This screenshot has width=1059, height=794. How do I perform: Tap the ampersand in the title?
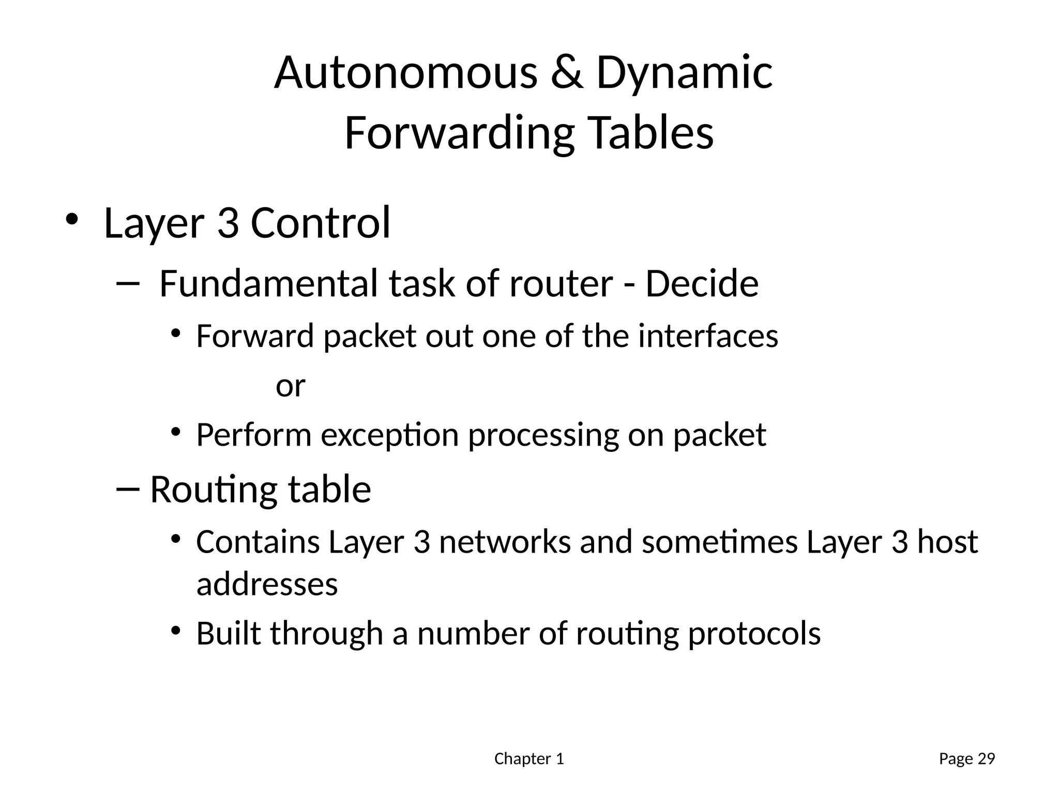[567, 73]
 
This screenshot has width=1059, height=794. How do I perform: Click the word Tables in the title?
[651, 133]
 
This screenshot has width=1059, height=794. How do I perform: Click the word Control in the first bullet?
[320, 223]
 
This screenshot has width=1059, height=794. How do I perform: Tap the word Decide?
[702, 284]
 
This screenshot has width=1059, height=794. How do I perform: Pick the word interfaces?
[708, 336]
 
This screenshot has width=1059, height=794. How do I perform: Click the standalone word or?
[290, 386]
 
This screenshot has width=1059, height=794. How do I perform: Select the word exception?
[389, 435]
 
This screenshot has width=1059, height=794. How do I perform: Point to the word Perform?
[253, 435]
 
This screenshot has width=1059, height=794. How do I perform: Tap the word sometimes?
[719, 542]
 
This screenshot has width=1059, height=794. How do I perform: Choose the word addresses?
[267, 585]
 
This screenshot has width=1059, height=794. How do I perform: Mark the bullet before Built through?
[176, 631]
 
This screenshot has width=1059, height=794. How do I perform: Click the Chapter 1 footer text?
[529, 759]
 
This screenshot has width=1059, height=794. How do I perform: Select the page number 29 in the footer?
[987, 759]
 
